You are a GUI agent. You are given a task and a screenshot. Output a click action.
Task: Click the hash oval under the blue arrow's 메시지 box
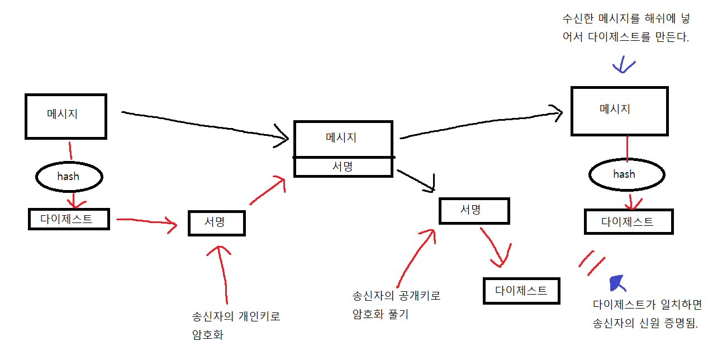click(626, 174)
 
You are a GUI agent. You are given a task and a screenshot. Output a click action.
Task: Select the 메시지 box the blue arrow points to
click(619, 111)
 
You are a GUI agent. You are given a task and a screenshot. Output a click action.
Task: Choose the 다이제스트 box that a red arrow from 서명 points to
click(521, 291)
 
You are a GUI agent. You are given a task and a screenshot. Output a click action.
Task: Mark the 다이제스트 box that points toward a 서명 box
click(68, 219)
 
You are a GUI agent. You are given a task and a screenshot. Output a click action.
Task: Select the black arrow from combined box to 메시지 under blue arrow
click(481, 124)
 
